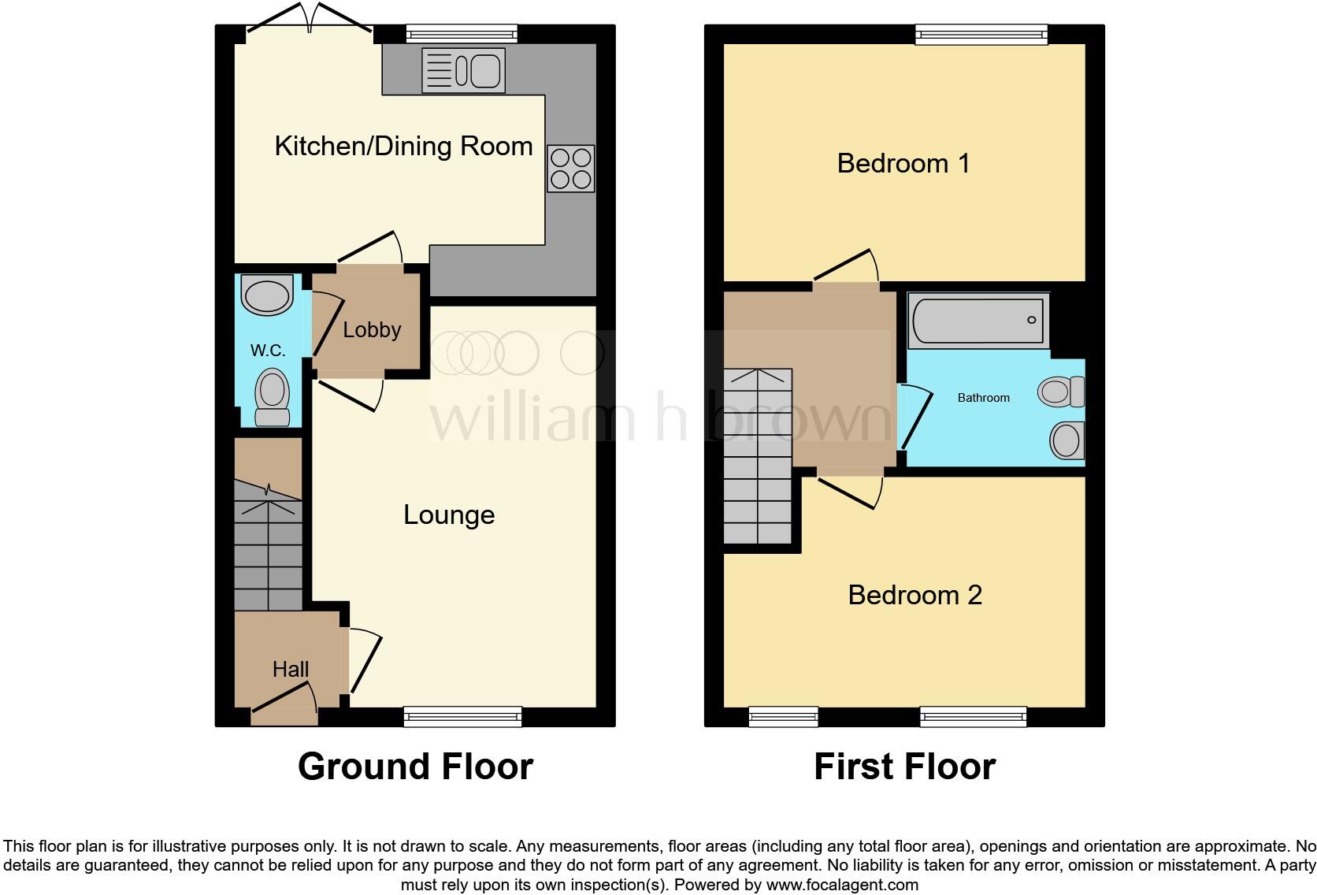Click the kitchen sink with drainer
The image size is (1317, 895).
click(x=463, y=70)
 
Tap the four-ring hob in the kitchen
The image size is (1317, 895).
click(x=571, y=169)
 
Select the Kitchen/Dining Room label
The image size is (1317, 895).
click(x=403, y=147)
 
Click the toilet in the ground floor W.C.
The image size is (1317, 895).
click(x=273, y=396)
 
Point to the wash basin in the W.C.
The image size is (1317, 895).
click(x=267, y=295)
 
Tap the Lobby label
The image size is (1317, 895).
click(x=372, y=329)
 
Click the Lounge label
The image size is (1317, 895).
click(x=449, y=514)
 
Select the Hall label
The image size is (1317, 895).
click(x=290, y=670)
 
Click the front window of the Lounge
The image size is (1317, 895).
click(x=462, y=715)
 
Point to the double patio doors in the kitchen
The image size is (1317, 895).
click(x=310, y=24)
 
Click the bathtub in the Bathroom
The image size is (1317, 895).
click(x=978, y=321)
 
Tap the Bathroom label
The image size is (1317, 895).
click(x=983, y=398)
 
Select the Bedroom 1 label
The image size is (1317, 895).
click(x=903, y=164)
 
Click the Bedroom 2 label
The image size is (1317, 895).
click(x=914, y=595)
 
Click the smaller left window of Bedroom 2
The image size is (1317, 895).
click(x=783, y=715)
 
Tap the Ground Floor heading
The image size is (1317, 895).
click(x=415, y=767)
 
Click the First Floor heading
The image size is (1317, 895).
click(x=904, y=767)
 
